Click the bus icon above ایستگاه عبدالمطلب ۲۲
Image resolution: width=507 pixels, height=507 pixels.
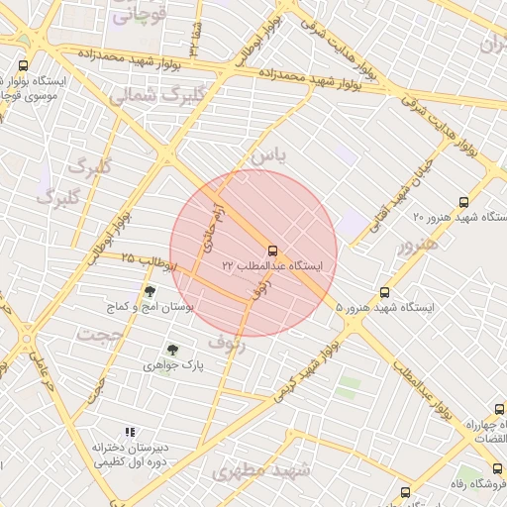coord(272,250)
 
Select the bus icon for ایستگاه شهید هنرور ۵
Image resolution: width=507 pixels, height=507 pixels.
coord(384,292)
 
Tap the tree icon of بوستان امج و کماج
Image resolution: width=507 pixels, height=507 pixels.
coord(150,291)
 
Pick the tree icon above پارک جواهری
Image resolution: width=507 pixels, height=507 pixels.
coord(173,350)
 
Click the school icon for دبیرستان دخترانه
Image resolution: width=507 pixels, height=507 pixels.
coord(129,432)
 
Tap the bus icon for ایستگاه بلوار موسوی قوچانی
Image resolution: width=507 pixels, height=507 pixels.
coord(23,65)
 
